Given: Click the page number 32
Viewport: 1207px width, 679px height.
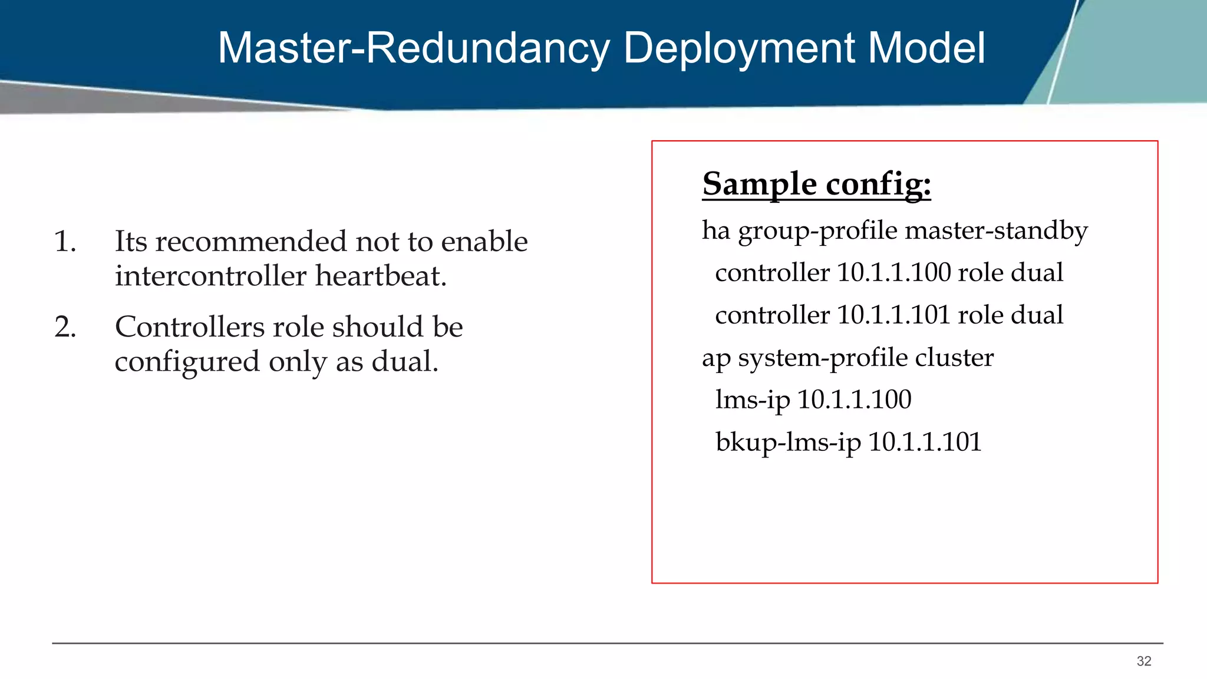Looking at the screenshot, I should point(1144,661).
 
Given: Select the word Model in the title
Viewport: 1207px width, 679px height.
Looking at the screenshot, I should point(926,48).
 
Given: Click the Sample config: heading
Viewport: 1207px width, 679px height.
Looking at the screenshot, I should point(816,184).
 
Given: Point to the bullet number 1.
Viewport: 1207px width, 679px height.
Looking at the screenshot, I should point(65,242).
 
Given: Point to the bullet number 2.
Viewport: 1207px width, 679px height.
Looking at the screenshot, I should point(65,327).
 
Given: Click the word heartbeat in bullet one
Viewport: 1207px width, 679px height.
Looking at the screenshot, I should point(381,276).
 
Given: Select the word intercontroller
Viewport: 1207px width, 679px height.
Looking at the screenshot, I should point(210,276).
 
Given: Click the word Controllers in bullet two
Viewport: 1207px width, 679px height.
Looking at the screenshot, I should point(189,327).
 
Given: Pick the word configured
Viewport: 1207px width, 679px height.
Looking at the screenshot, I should point(187,362).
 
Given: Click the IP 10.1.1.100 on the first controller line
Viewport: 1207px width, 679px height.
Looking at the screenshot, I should point(893,272).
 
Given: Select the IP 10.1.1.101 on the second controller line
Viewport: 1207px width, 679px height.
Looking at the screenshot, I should point(893,315).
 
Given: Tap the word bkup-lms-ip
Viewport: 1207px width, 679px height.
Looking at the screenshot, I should point(788,442).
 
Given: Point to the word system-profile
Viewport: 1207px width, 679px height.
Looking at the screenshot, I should point(822,358).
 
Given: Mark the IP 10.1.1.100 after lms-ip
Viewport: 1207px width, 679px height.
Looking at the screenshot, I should point(854,400).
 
